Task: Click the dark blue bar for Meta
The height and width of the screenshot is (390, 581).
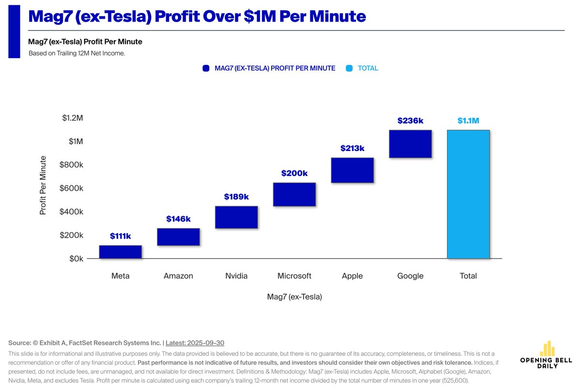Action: point(121,252)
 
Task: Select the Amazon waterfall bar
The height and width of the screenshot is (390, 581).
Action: point(178,237)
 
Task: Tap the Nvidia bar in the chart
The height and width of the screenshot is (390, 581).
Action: point(236,217)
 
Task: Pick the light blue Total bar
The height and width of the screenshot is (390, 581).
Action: point(468,195)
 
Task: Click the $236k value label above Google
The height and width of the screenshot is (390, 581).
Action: point(410,121)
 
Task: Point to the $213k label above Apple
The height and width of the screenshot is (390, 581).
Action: point(352,148)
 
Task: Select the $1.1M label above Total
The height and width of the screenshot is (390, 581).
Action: point(468,121)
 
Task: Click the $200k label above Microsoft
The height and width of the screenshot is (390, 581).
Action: point(294,173)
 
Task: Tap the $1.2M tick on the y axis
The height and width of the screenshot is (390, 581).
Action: point(73,118)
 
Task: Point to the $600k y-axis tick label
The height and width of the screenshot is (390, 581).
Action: point(72,188)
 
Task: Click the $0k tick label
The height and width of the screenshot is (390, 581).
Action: point(76,259)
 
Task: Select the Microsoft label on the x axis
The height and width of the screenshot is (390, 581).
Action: point(294,276)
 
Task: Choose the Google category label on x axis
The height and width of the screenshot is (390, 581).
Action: point(410,276)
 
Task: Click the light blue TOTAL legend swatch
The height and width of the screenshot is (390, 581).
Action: point(349,68)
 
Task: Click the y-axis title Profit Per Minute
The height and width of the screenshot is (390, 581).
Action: point(43,185)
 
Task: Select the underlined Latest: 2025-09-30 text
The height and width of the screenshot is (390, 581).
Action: point(195,343)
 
